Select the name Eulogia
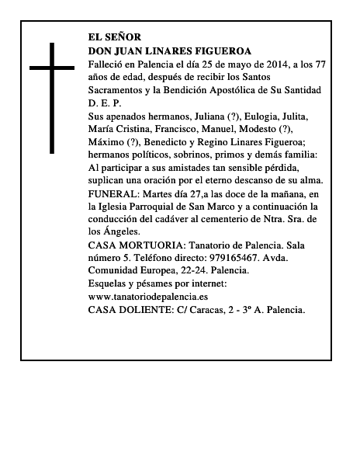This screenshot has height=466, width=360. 266,116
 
